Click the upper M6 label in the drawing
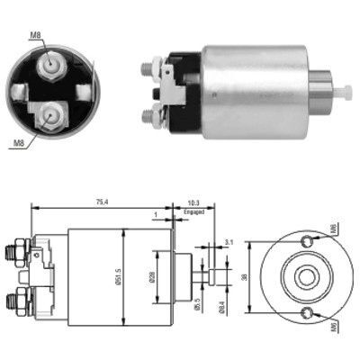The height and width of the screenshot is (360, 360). (334, 230)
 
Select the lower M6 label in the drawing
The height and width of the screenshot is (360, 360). (334, 326)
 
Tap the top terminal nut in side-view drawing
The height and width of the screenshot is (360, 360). (17, 247)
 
